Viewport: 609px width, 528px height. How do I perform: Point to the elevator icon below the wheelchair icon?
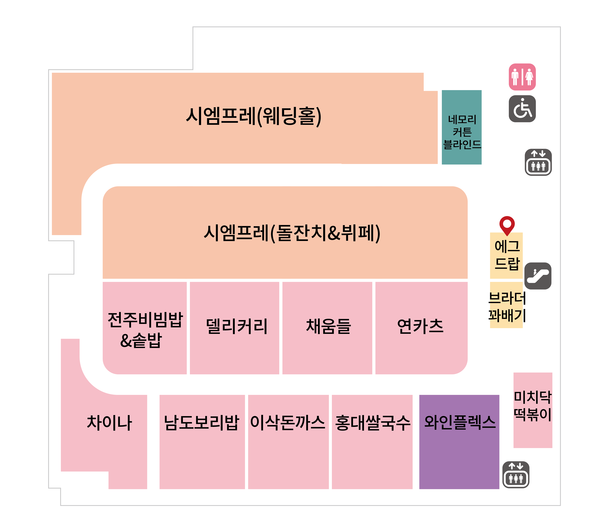538,162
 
